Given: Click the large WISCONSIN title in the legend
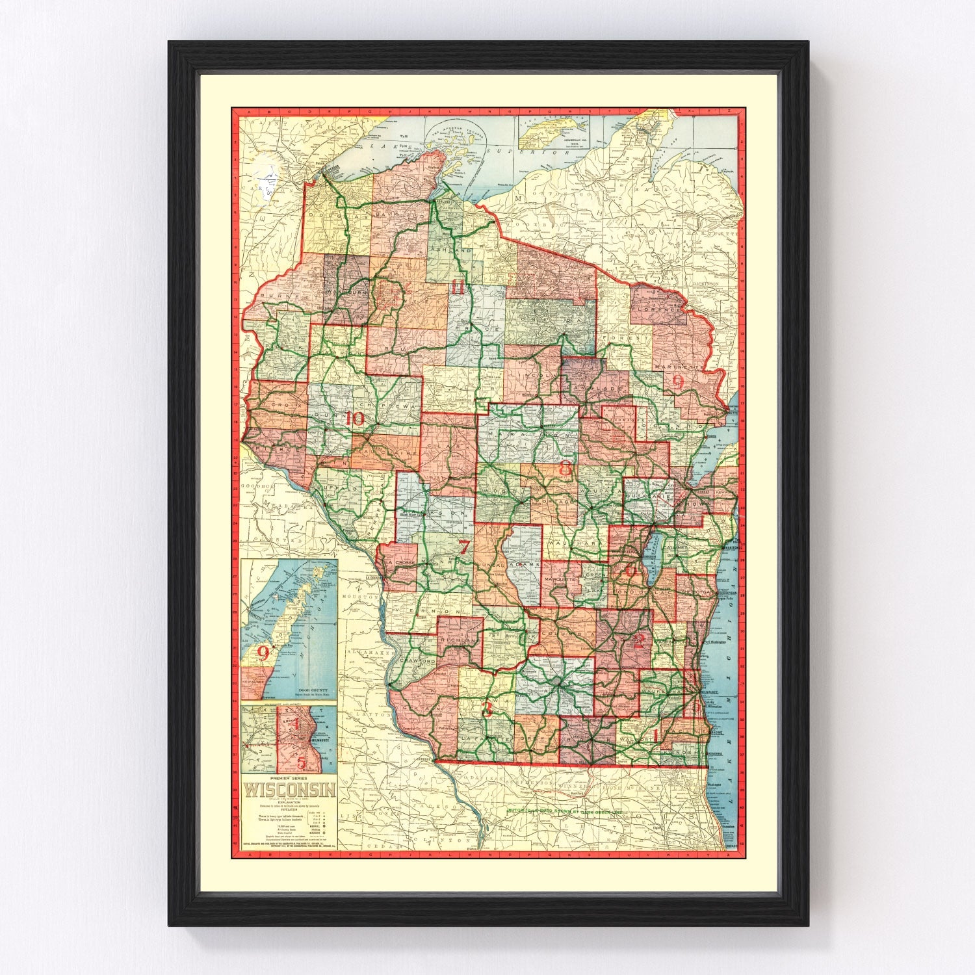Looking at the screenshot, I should coord(289,790).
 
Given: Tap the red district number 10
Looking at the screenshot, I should coord(354,419).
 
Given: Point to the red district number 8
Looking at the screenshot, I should coord(565,467).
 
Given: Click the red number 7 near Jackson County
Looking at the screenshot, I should coord(463,547).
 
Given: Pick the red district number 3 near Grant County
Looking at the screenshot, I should coord(486,710).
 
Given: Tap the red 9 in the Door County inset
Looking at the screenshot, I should coord(263,652).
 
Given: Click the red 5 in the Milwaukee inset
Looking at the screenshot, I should coord(301,762).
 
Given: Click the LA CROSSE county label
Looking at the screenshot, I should coord(398,563).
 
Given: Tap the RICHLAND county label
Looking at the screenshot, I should coord(459,640).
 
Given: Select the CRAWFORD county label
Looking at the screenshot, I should coord(417,661).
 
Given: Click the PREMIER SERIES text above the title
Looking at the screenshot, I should coord(289,778).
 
